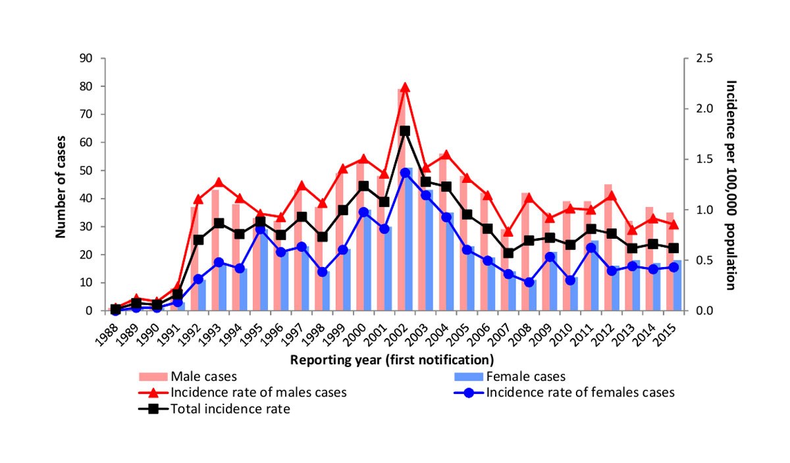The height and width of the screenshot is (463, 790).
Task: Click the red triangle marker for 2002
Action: pyautogui.click(x=405, y=87)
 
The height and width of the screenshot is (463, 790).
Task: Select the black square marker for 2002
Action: pyautogui.click(x=405, y=131)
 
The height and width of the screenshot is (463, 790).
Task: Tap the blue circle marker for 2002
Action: pyautogui.click(x=405, y=173)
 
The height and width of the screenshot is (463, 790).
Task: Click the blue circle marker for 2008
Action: pyautogui.click(x=528, y=282)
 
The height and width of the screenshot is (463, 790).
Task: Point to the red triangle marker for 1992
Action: pyautogui.click(x=198, y=199)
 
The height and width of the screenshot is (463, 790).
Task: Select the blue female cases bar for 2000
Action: pyautogui.click(x=367, y=260)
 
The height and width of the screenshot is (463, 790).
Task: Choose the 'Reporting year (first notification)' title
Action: pyautogui.click(x=392, y=360)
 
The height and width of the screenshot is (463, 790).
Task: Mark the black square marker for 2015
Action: pyautogui.click(x=673, y=248)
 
